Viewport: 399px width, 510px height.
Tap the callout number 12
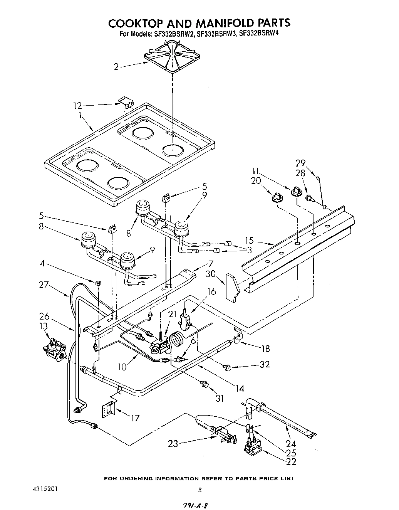[77, 105]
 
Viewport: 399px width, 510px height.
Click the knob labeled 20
[276, 197]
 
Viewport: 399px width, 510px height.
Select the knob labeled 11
[296, 190]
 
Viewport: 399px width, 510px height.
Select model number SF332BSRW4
[258, 34]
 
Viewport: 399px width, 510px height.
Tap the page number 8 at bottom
[199, 490]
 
